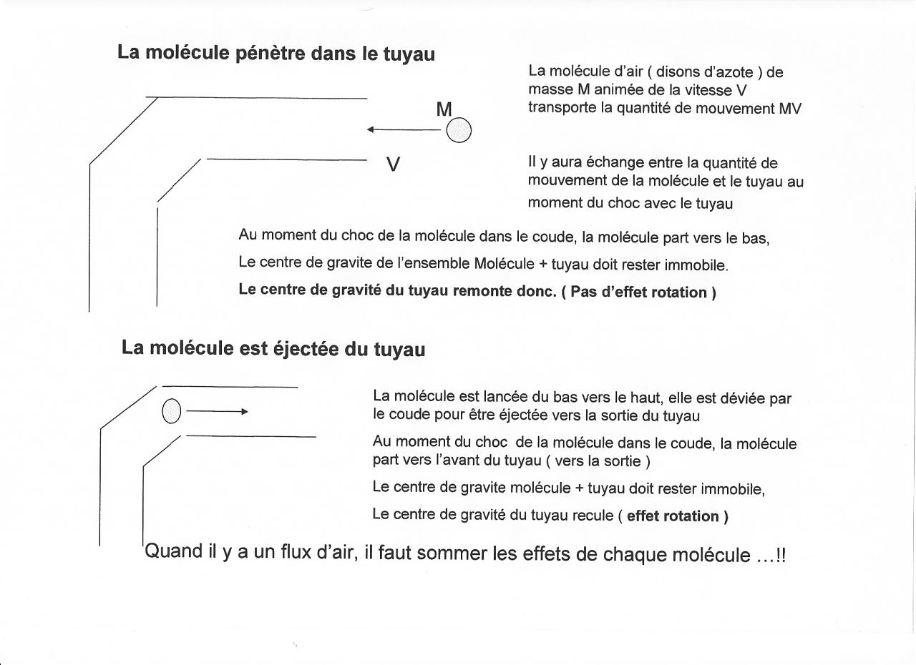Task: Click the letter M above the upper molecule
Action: pos(444,109)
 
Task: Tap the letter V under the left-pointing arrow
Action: pos(393,164)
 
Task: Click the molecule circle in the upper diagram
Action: pos(459,130)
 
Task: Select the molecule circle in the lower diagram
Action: pos(172,411)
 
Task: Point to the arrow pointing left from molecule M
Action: pos(404,129)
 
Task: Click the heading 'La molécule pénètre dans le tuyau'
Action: pos(276,54)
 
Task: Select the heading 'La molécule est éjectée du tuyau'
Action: pos(273,349)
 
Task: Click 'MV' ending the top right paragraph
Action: pos(790,109)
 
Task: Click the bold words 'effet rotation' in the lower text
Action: pos(673,516)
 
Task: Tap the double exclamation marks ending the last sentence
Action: pos(780,555)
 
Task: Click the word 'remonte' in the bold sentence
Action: pos(484,292)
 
